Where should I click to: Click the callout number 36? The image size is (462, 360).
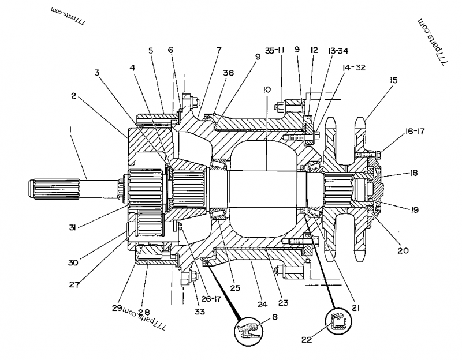229,73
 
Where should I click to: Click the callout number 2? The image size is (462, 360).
74,96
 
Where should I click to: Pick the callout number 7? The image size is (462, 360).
219,51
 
